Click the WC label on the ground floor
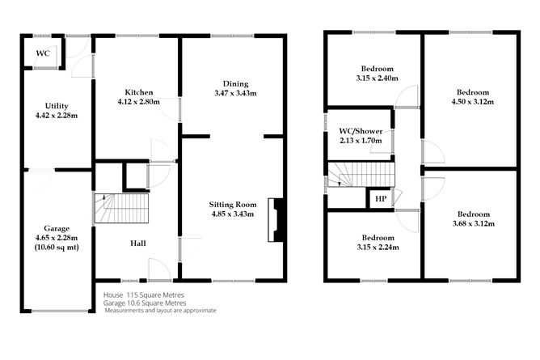[43, 54]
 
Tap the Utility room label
[57, 106]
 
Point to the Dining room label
[235, 83]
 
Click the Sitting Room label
[233, 204]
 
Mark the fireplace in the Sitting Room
[277, 220]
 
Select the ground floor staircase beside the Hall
[122, 210]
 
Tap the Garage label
[57, 227]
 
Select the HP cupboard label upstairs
[380, 198]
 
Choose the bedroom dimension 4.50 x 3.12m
[474, 102]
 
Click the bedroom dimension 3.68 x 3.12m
[474, 223]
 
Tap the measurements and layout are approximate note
[160, 310]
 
